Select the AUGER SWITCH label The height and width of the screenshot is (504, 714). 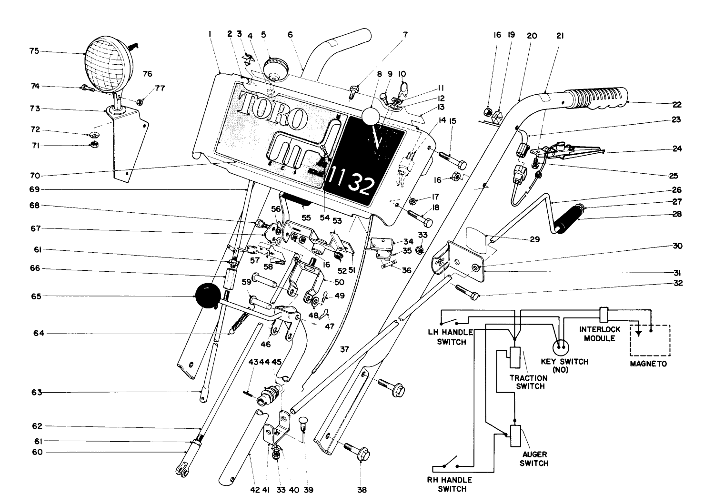533,459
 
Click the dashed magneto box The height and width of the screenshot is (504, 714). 650,340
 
